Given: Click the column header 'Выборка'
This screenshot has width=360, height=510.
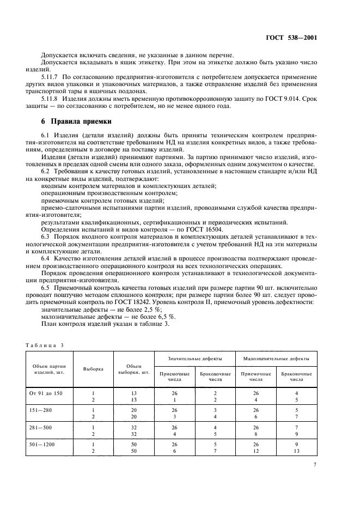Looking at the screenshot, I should [93, 369].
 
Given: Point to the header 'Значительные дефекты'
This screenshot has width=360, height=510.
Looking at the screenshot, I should [195, 359].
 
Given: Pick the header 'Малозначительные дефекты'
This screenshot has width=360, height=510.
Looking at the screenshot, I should [276, 359].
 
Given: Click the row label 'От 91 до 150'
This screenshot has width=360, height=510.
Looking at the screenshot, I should [46, 393].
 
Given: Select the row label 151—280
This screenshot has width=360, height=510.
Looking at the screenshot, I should [40, 409].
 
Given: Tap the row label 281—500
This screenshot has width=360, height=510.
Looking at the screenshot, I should [40, 428].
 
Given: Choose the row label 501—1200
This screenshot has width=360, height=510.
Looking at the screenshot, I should [41, 445].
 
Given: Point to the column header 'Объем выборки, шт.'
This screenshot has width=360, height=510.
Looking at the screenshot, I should [134, 369].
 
